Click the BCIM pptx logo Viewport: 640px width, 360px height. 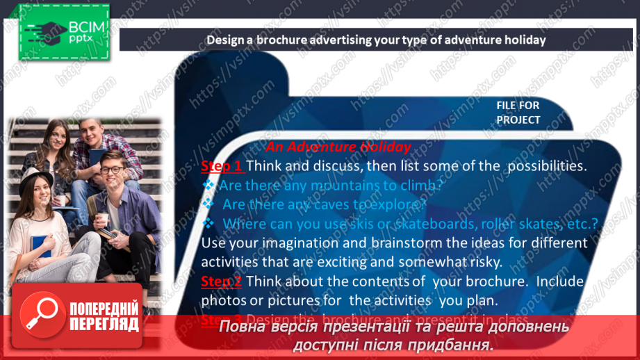click(x=63, y=33)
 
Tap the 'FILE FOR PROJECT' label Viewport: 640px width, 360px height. click(x=518, y=112)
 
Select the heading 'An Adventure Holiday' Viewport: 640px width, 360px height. click(x=338, y=147)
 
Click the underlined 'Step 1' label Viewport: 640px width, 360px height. click(x=222, y=166)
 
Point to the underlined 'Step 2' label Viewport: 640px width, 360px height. click(x=222, y=281)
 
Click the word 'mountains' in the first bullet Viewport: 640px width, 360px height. click(x=321, y=186)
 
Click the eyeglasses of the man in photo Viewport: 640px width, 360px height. click(x=111, y=170)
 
